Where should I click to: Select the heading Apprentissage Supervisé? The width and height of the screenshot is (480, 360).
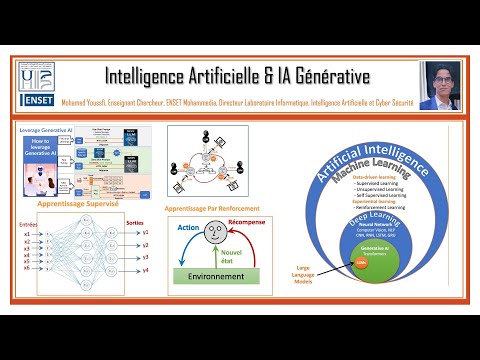77,202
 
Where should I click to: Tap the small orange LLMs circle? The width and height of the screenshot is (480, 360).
360,262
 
